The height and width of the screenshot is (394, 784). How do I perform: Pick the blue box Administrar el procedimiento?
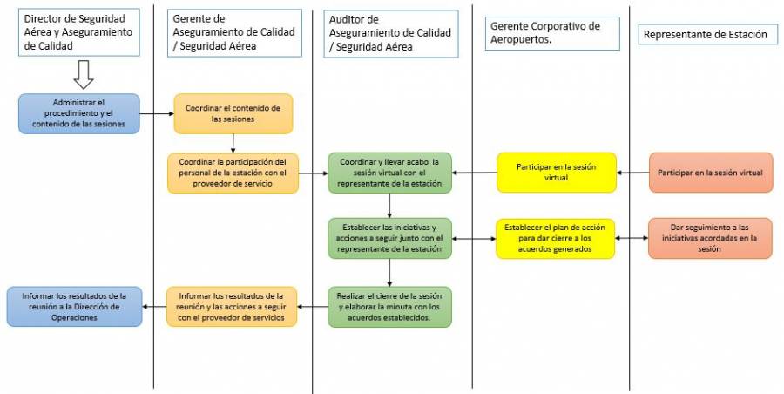(x=79, y=113)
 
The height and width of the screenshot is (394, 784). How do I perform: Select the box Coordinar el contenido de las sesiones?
(x=233, y=113)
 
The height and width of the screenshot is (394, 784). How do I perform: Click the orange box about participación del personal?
(x=233, y=173)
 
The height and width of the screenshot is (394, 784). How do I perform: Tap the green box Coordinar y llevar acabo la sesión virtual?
(x=390, y=173)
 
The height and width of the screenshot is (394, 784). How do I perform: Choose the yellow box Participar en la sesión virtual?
(x=556, y=173)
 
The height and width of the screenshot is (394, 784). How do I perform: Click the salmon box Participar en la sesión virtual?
(x=710, y=173)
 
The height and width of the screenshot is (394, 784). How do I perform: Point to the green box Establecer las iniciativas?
(x=390, y=238)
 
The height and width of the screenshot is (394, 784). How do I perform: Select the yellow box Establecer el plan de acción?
(x=556, y=238)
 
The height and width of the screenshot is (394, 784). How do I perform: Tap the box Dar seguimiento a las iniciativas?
(x=710, y=238)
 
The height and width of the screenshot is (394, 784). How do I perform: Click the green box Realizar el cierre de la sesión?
(x=390, y=306)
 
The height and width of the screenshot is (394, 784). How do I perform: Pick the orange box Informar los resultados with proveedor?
(x=233, y=306)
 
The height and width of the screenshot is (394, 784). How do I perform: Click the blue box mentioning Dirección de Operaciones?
(x=74, y=306)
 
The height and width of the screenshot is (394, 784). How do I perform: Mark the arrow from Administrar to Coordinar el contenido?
(x=157, y=113)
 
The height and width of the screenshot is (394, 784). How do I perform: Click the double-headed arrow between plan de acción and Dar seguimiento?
(x=632, y=238)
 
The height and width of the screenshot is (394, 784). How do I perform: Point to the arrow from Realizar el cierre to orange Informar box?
(x=313, y=306)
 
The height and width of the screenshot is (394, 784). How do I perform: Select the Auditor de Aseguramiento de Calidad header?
(x=391, y=34)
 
